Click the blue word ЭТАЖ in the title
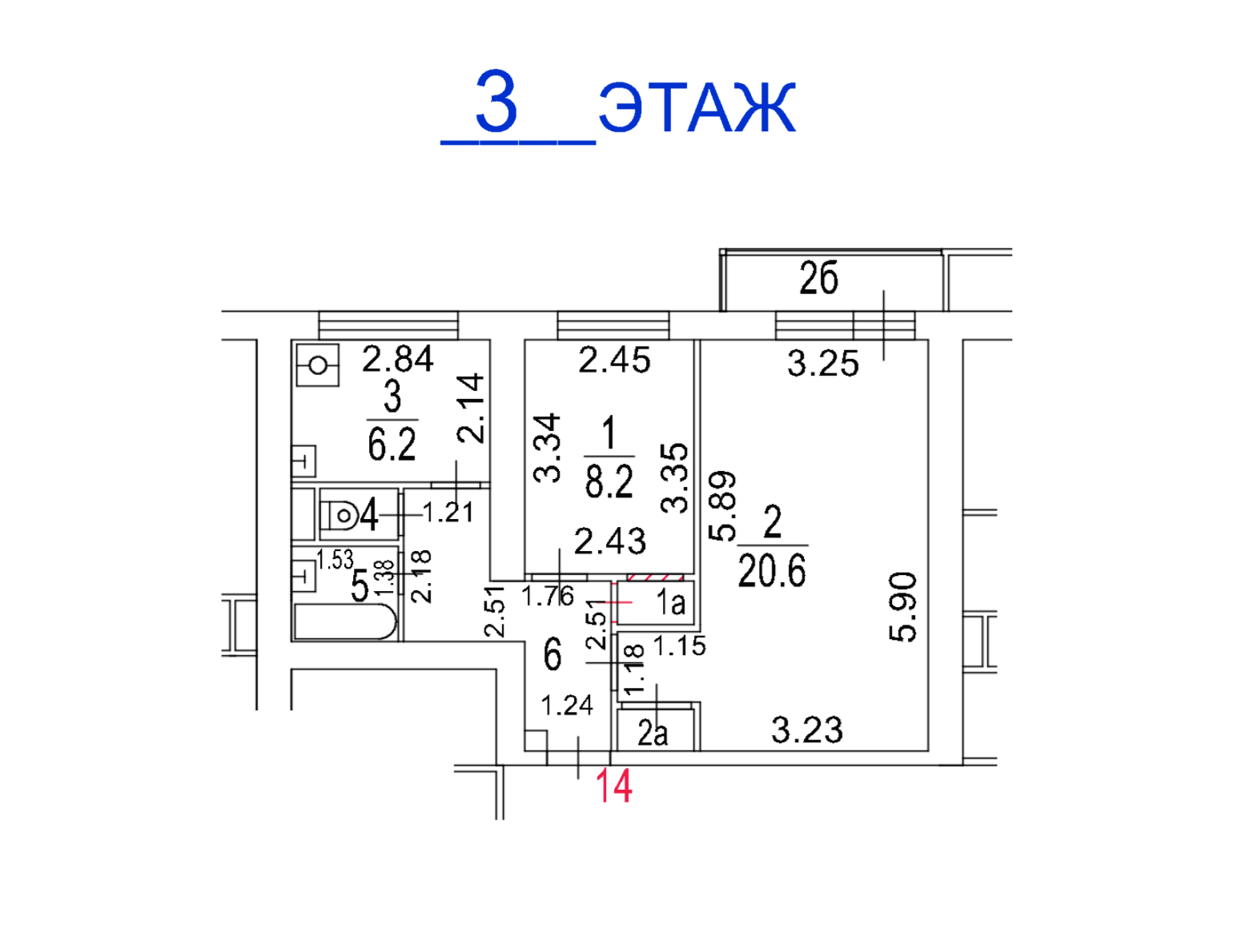[697, 107]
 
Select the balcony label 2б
[818, 277]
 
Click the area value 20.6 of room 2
[772, 570]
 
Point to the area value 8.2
[609, 481]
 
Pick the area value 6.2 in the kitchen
[392, 444]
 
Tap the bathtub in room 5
[345, 621]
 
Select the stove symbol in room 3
[318, 365]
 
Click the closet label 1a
[671, 603]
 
